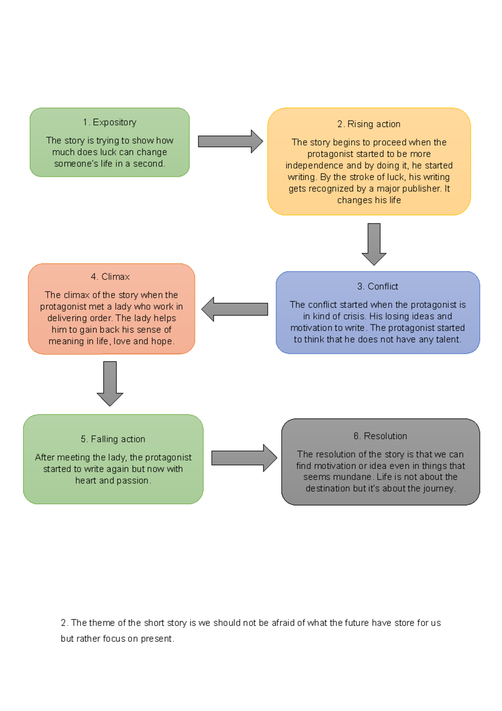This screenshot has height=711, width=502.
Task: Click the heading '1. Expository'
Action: pos(110,122)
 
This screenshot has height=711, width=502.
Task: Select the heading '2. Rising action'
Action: pos(369,124)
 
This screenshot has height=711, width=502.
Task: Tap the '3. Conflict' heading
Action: pos(377,286)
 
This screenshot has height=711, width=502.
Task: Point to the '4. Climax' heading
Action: pos(110,277)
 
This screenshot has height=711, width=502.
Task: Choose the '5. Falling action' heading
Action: pos(113,439)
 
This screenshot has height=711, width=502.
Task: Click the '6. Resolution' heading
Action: pos(380,436)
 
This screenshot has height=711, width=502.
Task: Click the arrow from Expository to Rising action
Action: pos(230,141)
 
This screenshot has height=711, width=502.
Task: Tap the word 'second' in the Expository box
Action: pos(149,164)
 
